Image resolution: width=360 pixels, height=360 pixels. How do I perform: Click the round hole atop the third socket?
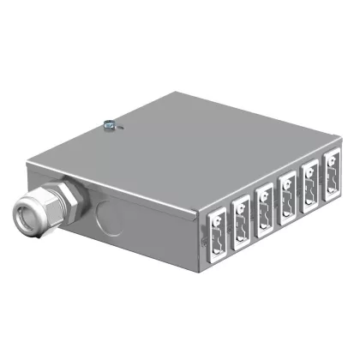coord(264,189)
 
